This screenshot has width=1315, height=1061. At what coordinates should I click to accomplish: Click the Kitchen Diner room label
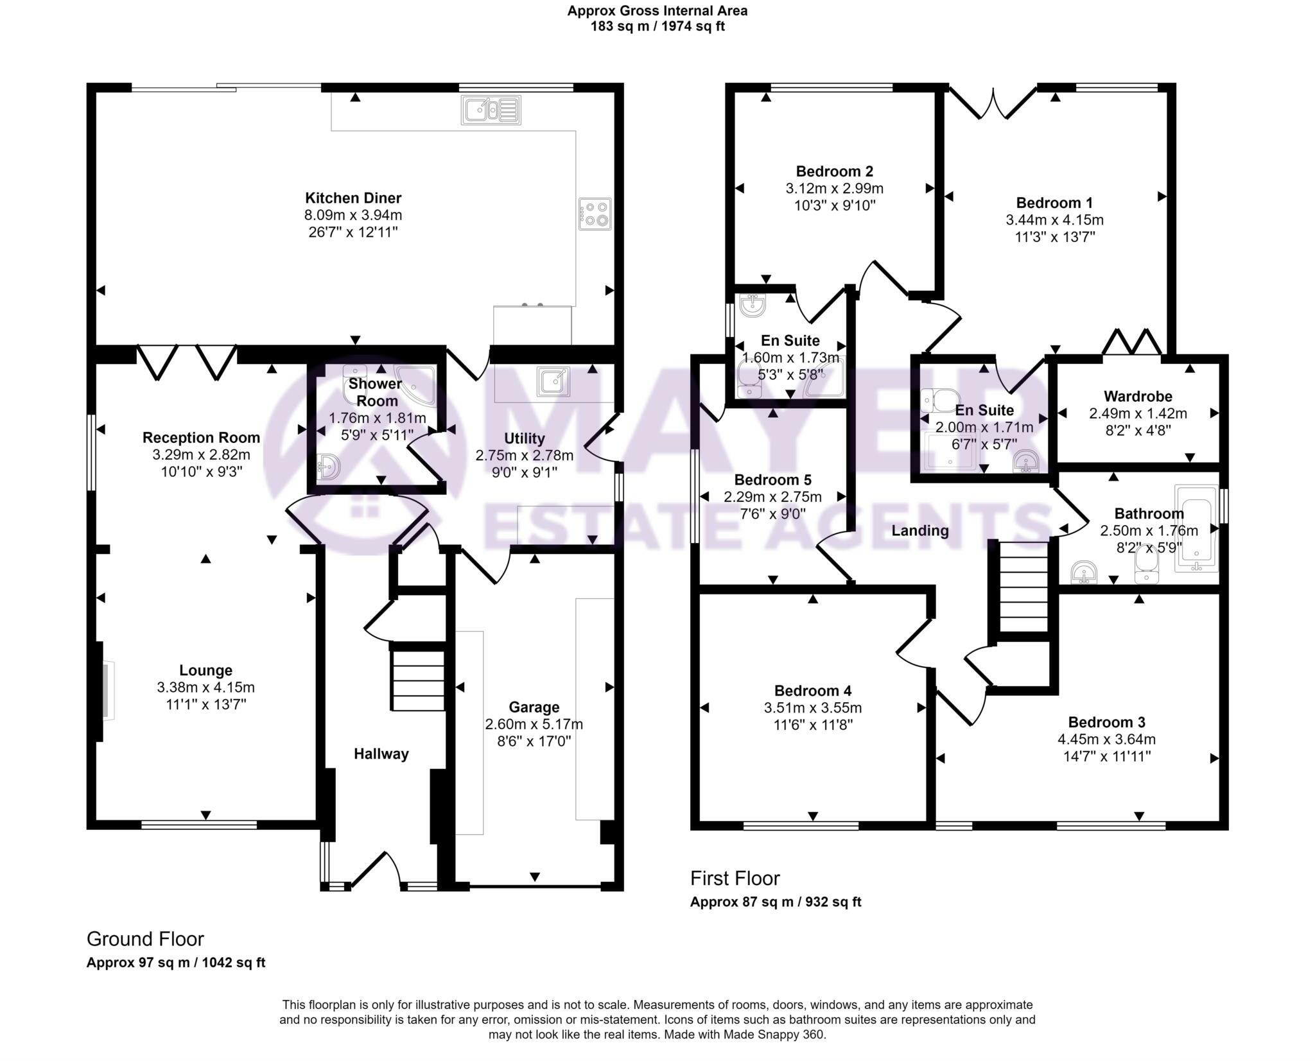click(353, 198)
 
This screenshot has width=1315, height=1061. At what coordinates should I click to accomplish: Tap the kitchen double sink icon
click(491, 110)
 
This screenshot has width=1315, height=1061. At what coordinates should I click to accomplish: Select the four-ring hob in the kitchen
click(595, 214)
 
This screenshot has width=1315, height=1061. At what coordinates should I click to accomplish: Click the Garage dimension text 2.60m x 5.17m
click(534, 724)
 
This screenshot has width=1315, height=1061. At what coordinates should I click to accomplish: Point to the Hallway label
click(381, 754)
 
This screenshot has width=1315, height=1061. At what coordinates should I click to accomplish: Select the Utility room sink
click(553, 381)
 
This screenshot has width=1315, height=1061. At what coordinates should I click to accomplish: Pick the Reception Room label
click(201, 438)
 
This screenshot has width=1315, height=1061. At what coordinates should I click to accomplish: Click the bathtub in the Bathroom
click(1196, 528)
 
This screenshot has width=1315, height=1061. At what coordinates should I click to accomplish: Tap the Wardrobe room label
click(1138, 396)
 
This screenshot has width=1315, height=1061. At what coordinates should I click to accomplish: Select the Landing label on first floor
click(919, 530)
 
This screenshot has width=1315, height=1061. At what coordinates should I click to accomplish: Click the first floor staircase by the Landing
click(1023, 594)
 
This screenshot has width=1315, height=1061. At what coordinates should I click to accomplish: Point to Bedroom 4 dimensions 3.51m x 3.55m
click(812, 708)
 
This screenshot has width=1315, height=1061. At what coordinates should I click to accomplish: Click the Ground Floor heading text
click(145, 939)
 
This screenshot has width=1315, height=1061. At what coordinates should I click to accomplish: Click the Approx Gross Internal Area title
click(657, 11)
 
